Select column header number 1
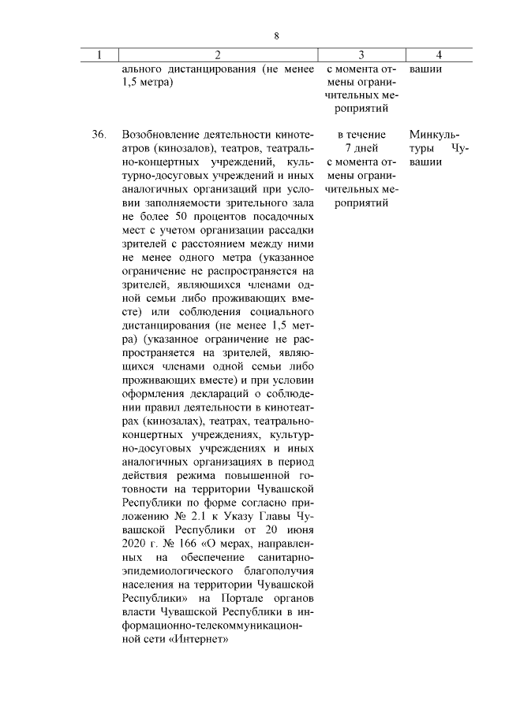[99, 54]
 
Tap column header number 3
[361, 54]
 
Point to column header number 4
[438, 54]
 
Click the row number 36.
[99, 135]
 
